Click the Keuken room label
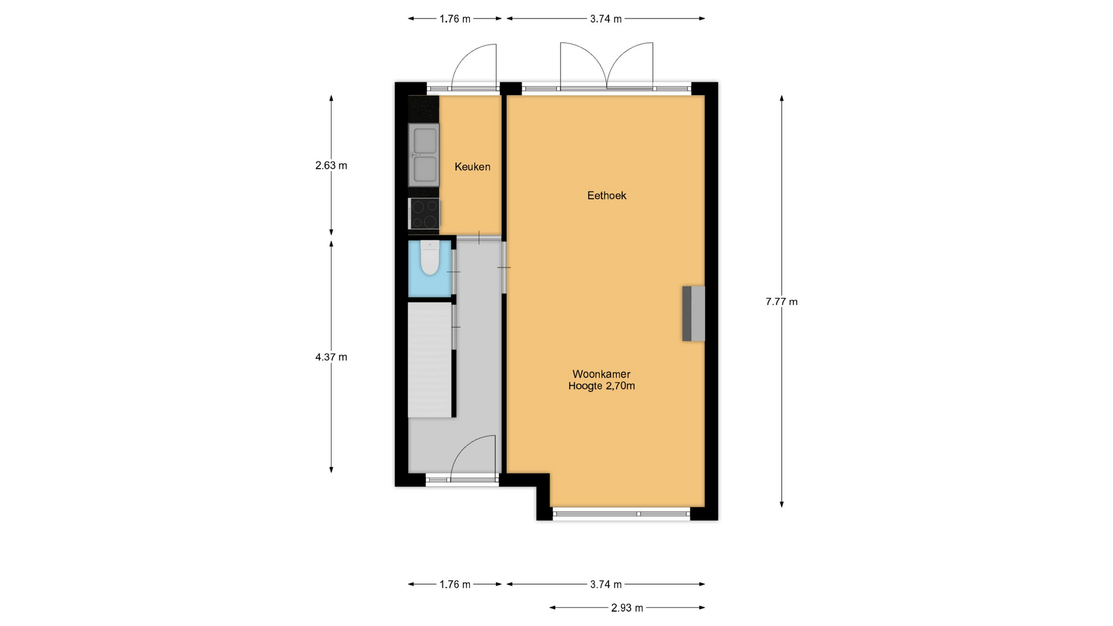tap(472, 167)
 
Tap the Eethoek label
tap(607, 196)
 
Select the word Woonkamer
tap(602, 374)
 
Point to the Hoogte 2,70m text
tap(602, 387)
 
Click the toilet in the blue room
tap(430, 259)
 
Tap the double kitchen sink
tap(424, 155)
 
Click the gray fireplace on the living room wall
tap(693, 314)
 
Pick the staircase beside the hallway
tap(430, 360)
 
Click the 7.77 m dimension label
tap(781, 301)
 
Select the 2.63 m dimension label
tap(331, 166)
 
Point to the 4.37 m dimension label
tap(331, 357)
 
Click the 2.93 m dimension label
tap(627, 608)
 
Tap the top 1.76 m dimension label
tap(455, 19)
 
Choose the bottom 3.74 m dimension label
tap(606, 585)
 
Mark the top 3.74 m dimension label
tap(606, 19)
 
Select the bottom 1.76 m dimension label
tap(455, 585)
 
